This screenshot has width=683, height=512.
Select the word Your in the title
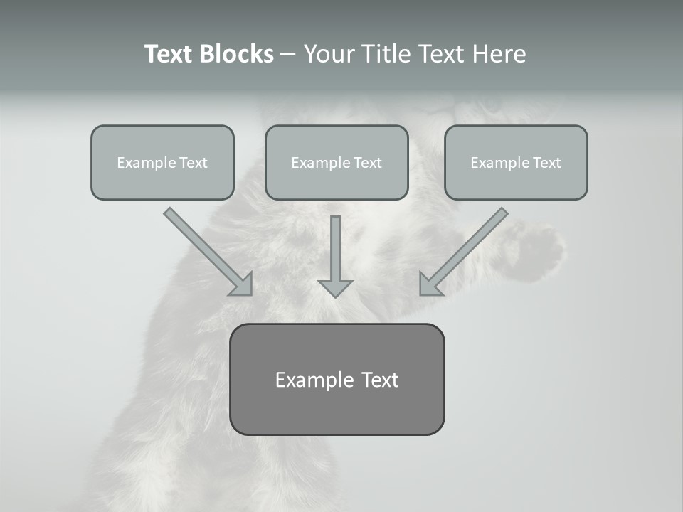[329, 54]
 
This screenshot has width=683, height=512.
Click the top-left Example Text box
[162, 162]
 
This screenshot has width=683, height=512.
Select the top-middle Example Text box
[337, 162]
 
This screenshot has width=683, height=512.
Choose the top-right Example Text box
[516, 162]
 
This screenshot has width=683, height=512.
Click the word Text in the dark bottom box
[379, 380]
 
